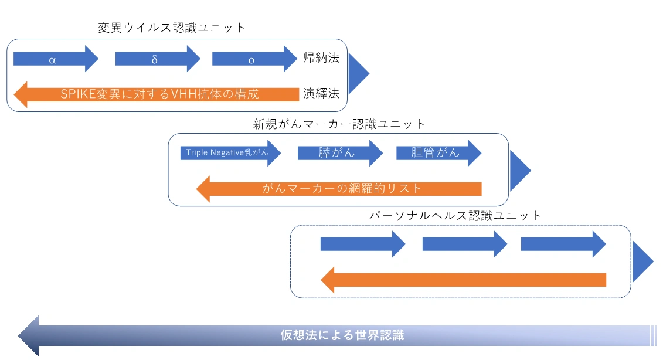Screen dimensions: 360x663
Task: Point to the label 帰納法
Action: point(321,58)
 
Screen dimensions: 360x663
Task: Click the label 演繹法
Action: point(321,93)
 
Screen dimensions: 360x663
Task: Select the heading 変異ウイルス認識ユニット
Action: point(172,28)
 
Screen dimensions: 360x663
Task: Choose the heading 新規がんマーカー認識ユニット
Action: point(339,124)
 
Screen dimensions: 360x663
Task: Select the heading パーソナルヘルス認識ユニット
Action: point(455,215)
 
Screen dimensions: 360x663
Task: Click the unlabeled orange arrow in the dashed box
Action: point(463,280)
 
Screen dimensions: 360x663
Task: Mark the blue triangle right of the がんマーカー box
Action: point(519,170)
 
